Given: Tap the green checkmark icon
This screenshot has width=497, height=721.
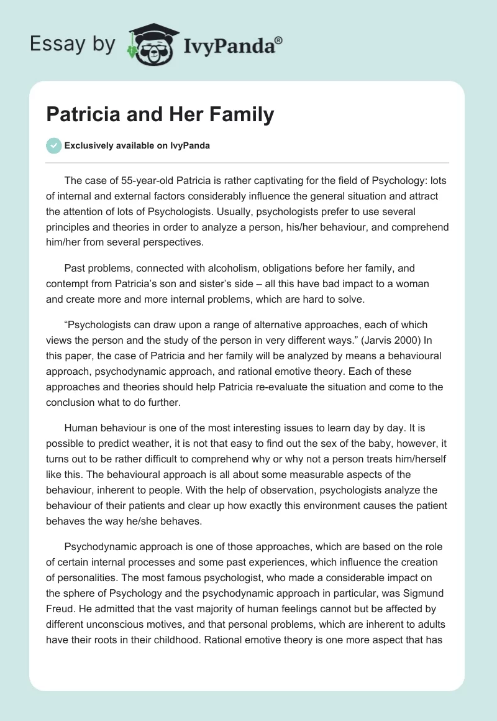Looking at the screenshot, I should (x=53, y=145).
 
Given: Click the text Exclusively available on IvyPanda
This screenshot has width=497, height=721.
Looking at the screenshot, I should (x=137, y=145).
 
